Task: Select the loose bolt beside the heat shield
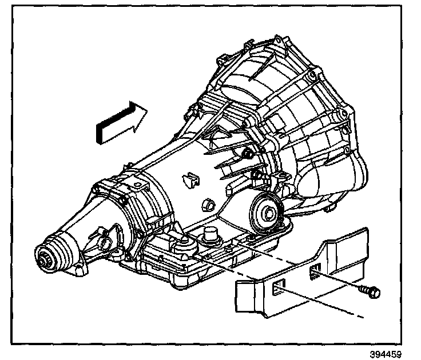click(370, 292)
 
